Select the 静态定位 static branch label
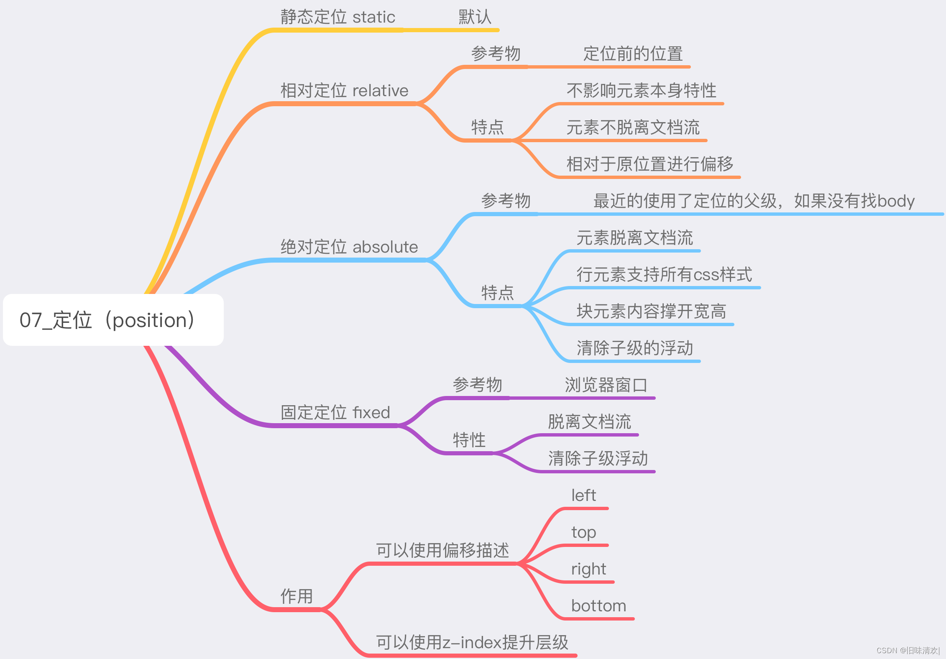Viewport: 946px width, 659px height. [x=337, y=17]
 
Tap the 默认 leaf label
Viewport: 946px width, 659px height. [x=475, y=17]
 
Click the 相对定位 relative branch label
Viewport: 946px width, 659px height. [x=344, y=91]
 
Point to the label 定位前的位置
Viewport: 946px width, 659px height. [x=633, y=54]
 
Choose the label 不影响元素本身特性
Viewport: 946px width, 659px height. [x=641, y=91]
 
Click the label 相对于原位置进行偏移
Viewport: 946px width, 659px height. [x=649, y=164]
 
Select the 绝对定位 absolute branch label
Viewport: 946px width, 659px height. [x=349, y=247]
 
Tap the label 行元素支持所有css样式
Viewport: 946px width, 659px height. [x=664, y=275]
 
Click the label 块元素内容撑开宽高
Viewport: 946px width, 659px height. [x=651, y=312]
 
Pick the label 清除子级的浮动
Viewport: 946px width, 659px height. [x=635, y=348]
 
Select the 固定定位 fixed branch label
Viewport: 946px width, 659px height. [x=335, y=413]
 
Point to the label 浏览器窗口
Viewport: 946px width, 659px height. [x=606, y=385]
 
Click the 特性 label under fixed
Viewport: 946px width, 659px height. [x=469, y=440]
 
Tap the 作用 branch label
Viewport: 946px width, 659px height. [x=297, y=596]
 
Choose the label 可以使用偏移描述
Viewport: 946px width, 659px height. [x=442, y=550]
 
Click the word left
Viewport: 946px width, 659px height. [x=583, y=496]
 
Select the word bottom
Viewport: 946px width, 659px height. [x=598, y=606]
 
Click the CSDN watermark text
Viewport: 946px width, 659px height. [x=908, y=651]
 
